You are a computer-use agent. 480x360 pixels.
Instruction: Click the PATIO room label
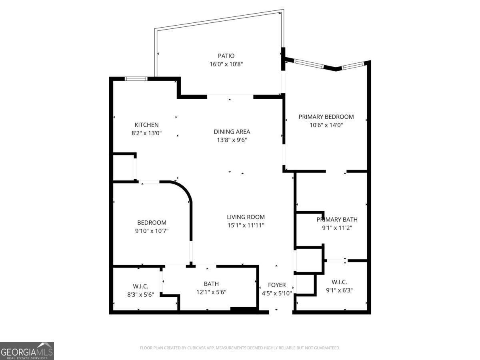tap(226, 56)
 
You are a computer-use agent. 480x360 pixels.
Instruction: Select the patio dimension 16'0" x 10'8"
tap(226, 64)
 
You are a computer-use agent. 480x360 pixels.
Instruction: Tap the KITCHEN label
tap(146, 125)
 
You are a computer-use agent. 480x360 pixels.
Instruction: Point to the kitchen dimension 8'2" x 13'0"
tap(146, 133)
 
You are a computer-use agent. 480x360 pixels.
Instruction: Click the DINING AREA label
tap(232, 132)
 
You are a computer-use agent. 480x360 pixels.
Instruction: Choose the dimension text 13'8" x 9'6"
tap(232, 140)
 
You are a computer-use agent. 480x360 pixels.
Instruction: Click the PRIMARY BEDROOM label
tap(326, 117)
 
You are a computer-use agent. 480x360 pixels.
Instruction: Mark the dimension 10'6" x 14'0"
tap(326, 125)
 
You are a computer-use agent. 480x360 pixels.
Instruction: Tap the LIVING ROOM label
tap(246, 217)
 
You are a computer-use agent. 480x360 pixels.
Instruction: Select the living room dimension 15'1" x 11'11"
tap(246, 225)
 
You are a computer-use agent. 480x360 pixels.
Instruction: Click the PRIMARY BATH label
tap(337, 219)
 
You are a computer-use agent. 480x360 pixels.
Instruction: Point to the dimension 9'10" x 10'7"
tap(152, 231)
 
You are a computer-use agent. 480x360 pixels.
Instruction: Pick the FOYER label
tap(277, 285)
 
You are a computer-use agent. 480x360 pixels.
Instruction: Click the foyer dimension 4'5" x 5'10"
tap(277, 293)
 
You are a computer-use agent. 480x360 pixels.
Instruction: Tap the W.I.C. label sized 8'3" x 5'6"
tap(140, 286)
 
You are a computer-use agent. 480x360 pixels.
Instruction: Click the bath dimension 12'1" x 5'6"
tap(211, 292)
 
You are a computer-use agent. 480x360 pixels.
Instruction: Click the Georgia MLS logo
tap(27, 351)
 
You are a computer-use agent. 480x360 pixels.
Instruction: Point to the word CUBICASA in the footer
tap(199, 348)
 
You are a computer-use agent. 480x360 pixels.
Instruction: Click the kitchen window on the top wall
tap(136, 79)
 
